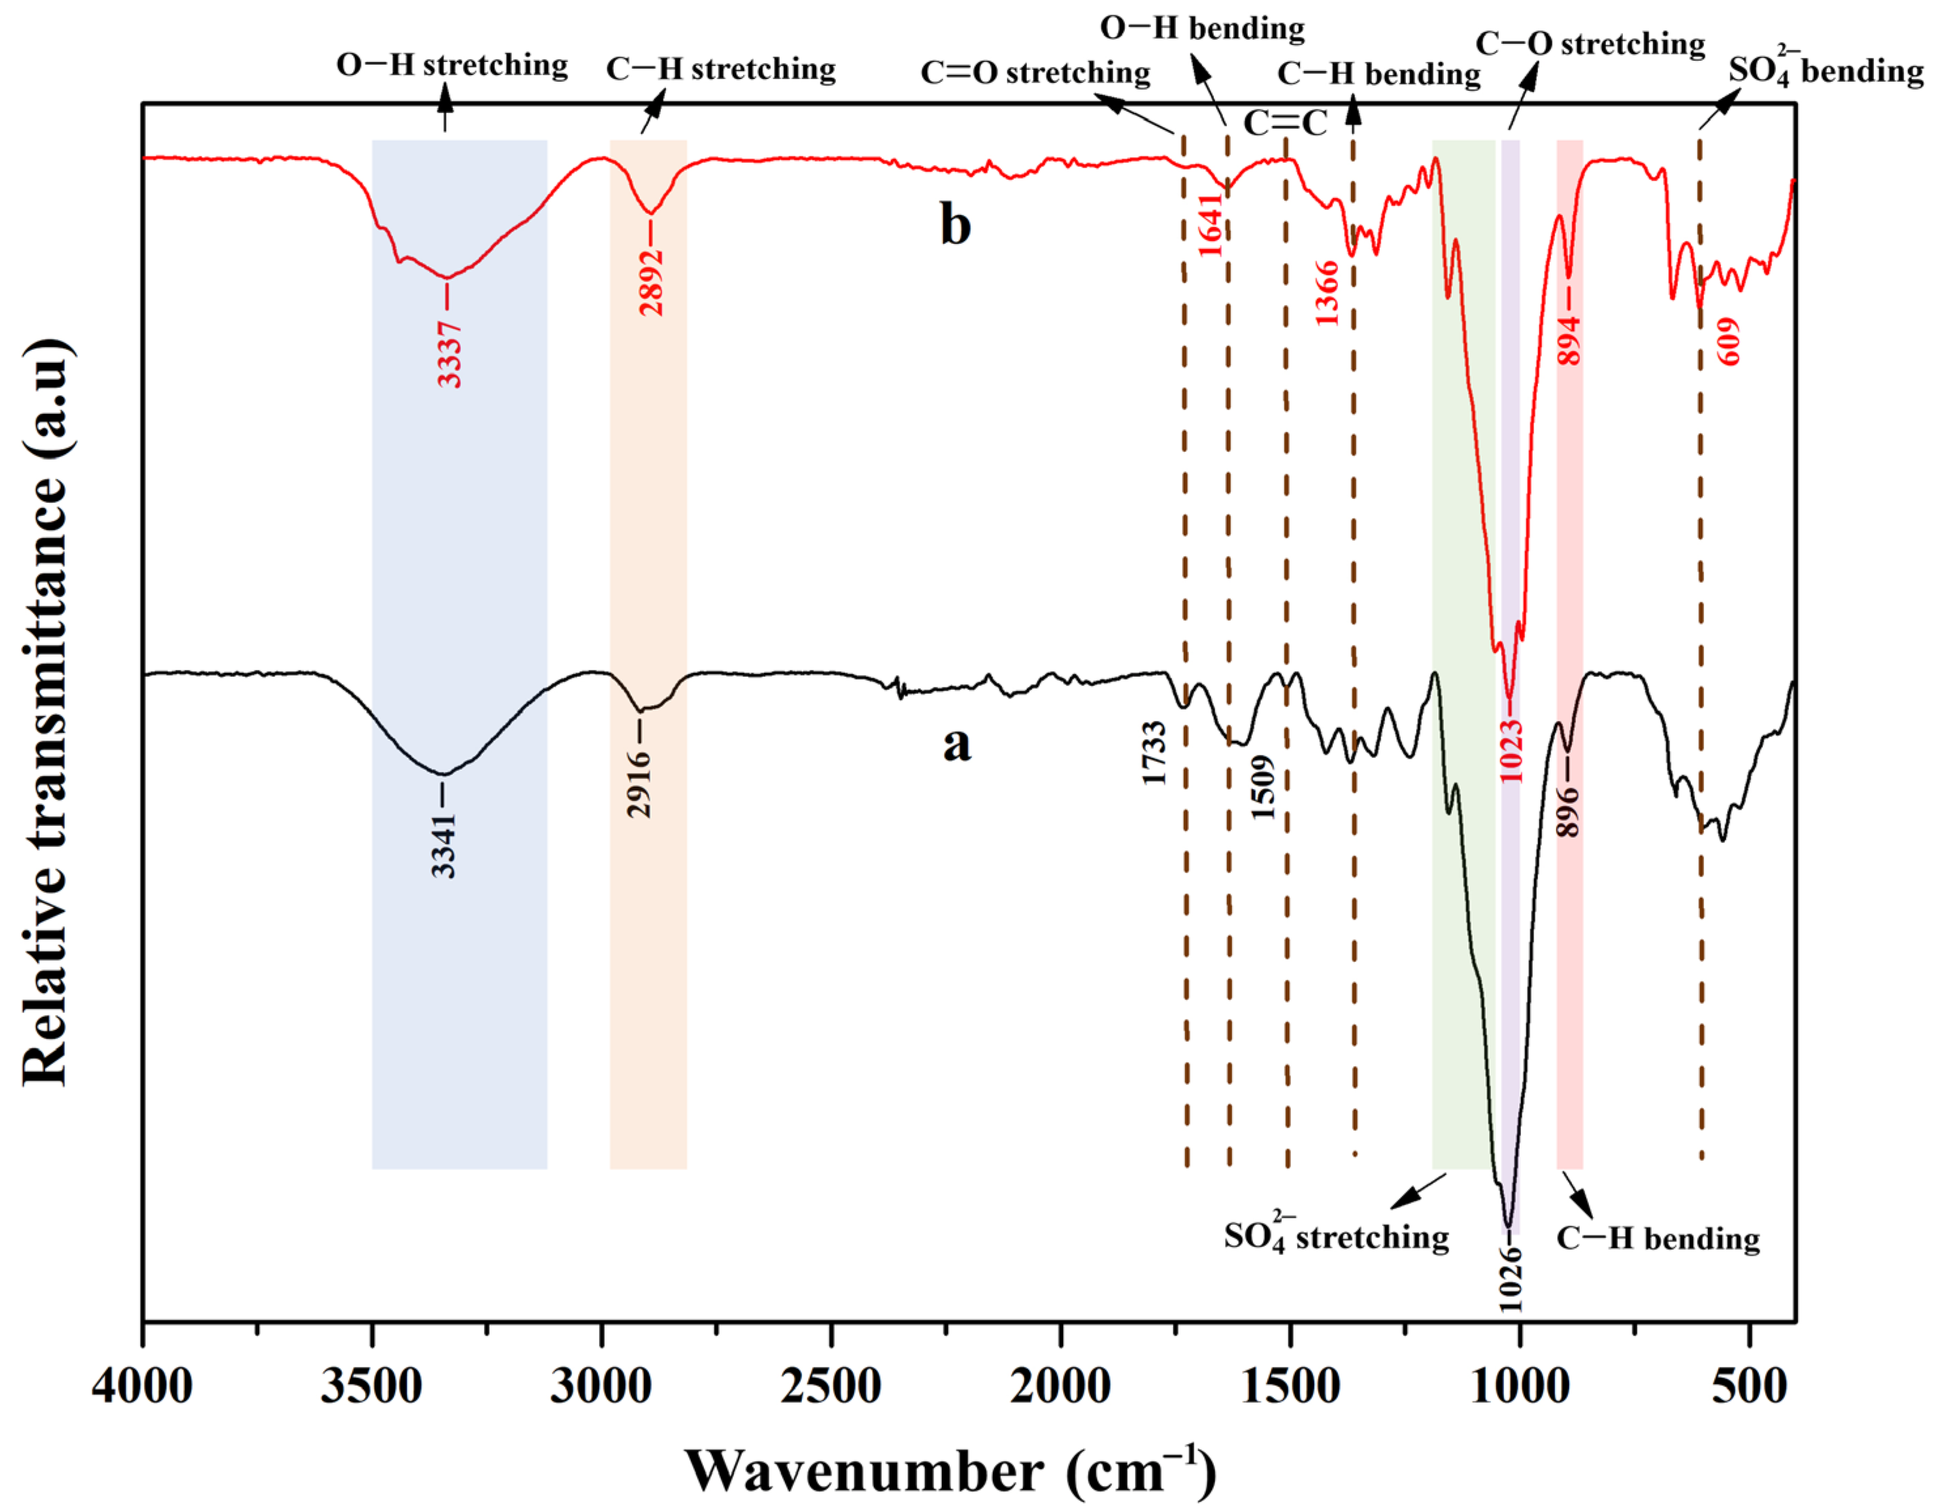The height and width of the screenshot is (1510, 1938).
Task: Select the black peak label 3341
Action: (x=444, y=845)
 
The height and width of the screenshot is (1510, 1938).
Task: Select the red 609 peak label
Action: (x=1729, y=342)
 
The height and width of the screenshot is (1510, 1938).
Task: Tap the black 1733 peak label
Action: (x=1154, y=753)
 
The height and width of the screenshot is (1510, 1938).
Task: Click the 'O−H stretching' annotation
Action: (x=452, y=65)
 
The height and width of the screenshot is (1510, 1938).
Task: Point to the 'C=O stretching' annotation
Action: (x=1035, y=72)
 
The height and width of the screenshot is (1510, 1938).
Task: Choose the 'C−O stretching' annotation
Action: (x=1590, y=44)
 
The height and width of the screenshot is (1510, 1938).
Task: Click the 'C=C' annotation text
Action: (x=1285, y=124)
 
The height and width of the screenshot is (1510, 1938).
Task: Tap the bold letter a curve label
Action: (x=956, y=744)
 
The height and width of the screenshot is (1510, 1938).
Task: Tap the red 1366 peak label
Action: (x=1328, y=293)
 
